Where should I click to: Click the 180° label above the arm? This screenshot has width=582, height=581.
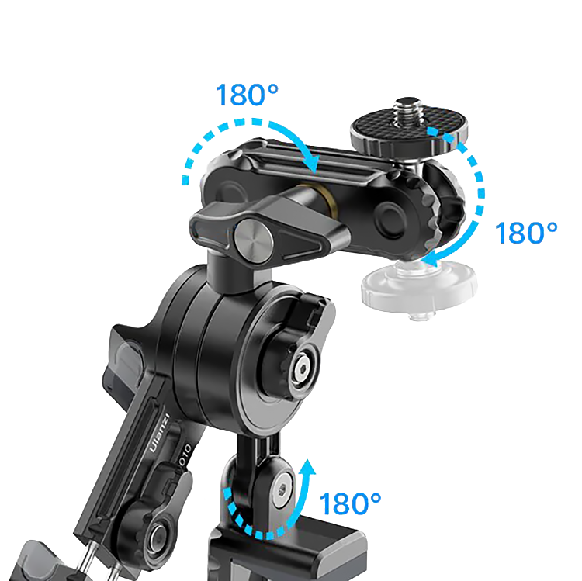point(247,95)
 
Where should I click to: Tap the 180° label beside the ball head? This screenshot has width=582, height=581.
point(526,233)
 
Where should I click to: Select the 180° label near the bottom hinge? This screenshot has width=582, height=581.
point(350,503)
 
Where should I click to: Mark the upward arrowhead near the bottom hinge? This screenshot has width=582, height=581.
point(307,467)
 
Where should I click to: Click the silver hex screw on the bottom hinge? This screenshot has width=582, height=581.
point(282,491)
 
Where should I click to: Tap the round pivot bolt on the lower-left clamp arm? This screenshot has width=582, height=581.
point(158,535)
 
